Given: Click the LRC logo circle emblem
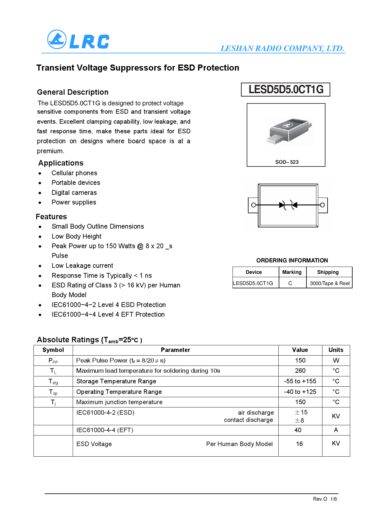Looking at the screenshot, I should coord(57,40).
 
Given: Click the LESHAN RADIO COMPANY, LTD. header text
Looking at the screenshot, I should coord(282,48).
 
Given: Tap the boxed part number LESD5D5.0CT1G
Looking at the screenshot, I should coord(286,90).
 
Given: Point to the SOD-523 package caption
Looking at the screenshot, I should coord(287,162).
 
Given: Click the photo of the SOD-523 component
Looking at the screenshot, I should coord(289,131).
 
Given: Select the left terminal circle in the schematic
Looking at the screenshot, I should coord(253,205).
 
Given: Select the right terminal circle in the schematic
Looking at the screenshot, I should coord(322,205).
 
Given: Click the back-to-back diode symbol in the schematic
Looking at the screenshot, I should coord(288,205).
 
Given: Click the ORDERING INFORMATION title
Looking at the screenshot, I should coord(292,260).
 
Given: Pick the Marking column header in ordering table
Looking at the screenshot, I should coord(292,272).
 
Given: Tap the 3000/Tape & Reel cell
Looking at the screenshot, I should coord(329,283).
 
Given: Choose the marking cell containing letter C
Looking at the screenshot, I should coord(290,283).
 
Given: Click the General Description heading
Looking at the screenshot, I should coord(73,92).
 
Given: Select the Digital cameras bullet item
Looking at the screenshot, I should coord(74,192).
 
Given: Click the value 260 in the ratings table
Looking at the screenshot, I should coord(300,371).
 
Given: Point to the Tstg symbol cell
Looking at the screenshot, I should coord(53,382).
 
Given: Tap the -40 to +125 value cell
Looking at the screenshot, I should coord(300,392).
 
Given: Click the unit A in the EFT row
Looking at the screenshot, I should coord(336,430).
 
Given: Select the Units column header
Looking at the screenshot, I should coord(336,350).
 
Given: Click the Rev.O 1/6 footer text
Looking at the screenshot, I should coord(325,499).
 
